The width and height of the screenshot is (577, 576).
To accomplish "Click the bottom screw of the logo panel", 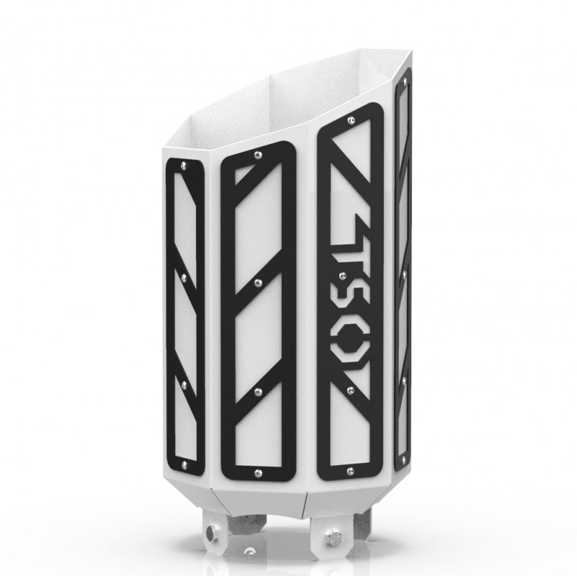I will tap(351, 470).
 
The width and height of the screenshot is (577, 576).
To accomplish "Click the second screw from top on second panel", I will tap(258, 278).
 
